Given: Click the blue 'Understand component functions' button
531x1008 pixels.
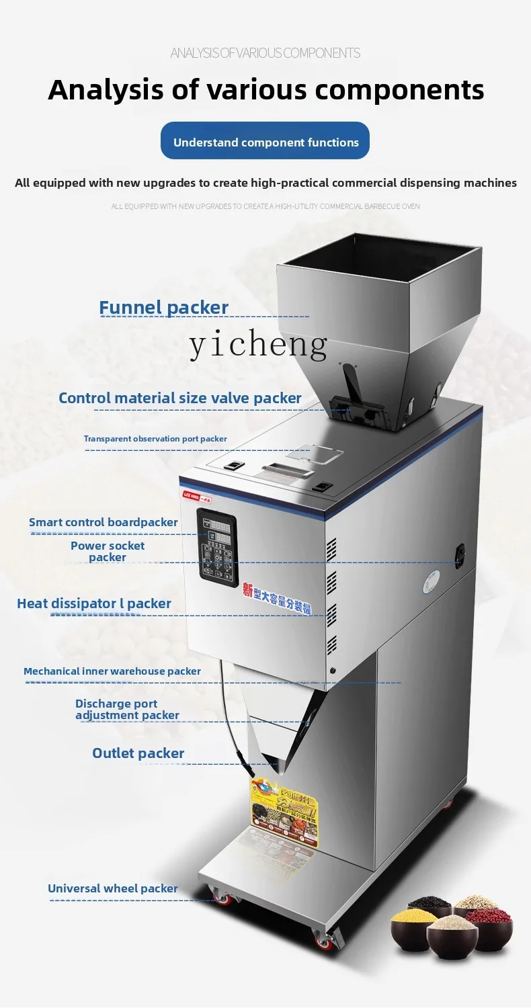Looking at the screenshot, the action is (x=265, y=141).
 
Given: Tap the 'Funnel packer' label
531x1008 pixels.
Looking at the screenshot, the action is (x=163, y=308).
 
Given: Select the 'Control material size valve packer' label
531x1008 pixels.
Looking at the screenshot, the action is (x=179, y=398).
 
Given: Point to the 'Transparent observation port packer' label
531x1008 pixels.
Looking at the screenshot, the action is (x=155, y=439).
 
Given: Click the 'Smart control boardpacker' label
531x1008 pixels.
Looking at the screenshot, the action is (x=103, y=522).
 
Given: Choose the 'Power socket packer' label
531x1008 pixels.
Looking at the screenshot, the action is (x=108, y=551).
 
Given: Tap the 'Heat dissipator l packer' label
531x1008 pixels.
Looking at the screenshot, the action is (x=94, y=603).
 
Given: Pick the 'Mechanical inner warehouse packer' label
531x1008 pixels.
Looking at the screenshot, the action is (x=112, y=671).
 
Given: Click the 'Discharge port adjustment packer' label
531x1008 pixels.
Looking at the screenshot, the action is (x=127, y=709).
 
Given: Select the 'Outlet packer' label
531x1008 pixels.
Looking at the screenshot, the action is (x=138, y=753).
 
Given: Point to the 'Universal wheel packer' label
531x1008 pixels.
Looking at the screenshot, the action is (x=112, y=888).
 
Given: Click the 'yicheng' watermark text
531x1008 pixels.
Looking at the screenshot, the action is (x=259, y=344).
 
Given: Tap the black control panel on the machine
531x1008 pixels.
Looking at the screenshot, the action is (x=219, y=544).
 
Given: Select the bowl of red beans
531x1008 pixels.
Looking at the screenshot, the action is (x=489, y=923).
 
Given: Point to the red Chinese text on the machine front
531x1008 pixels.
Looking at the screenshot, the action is (x=280, y=601).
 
